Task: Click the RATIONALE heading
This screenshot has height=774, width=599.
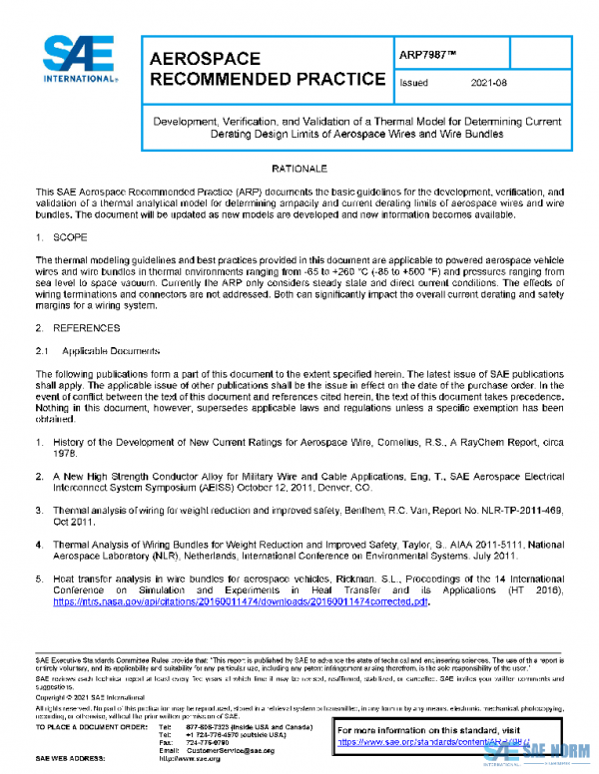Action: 299,170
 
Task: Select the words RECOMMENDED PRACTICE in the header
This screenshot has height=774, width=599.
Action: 267,80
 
